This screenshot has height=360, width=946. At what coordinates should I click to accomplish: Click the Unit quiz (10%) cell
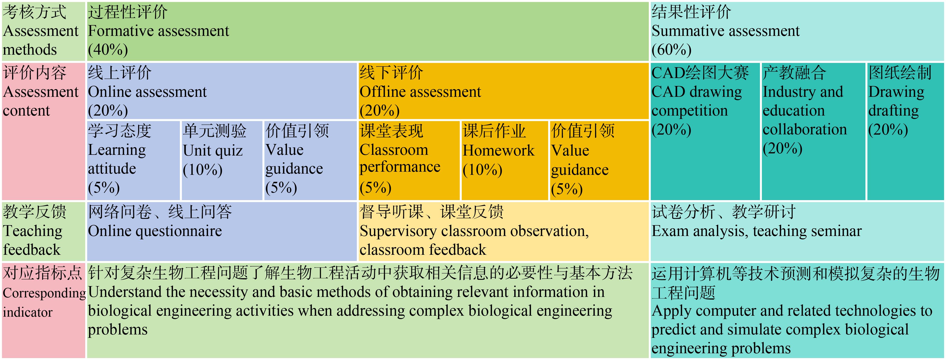point(222,161)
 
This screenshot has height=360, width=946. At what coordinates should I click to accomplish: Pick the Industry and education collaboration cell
point(813,131)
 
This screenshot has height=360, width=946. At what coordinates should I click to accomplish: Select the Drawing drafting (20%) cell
point(905,131)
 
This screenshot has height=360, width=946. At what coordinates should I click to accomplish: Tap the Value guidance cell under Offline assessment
point(599,161)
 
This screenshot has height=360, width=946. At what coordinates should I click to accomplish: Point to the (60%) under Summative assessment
point(672,50)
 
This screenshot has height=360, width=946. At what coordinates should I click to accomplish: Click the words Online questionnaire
point(155,231)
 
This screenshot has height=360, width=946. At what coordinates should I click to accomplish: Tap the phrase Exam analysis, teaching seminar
point(757,231)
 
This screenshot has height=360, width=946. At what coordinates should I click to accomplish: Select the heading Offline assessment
point(420,92)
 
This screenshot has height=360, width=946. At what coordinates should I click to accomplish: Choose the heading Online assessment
point(147,92)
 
